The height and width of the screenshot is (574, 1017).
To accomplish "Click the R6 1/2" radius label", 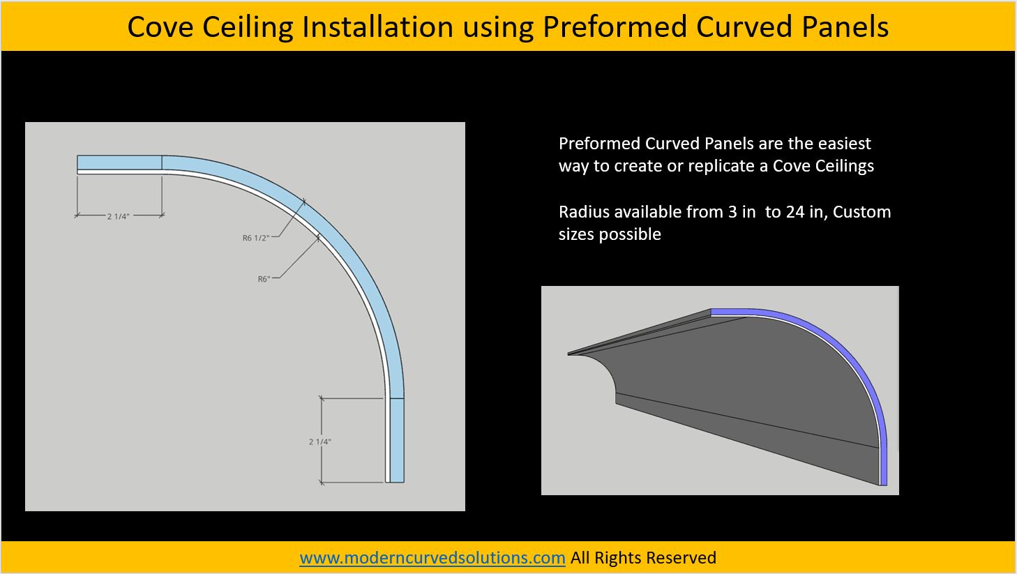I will point(255,238).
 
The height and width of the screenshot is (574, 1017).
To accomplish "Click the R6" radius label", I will point(264,279).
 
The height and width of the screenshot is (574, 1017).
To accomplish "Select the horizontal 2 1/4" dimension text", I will point(118,216).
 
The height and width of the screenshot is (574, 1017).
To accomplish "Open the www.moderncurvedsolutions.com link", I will point(432,558).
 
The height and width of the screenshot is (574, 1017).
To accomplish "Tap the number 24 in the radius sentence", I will point(795,212).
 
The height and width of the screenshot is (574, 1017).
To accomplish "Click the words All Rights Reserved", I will point(643,558).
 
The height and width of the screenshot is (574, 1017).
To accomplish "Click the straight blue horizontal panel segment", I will point(119,163).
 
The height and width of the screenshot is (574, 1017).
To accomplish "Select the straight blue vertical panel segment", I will point(396,439).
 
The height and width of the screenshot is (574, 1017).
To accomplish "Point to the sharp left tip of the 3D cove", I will point(570,354).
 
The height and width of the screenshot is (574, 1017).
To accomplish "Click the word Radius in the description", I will point(584,212).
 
